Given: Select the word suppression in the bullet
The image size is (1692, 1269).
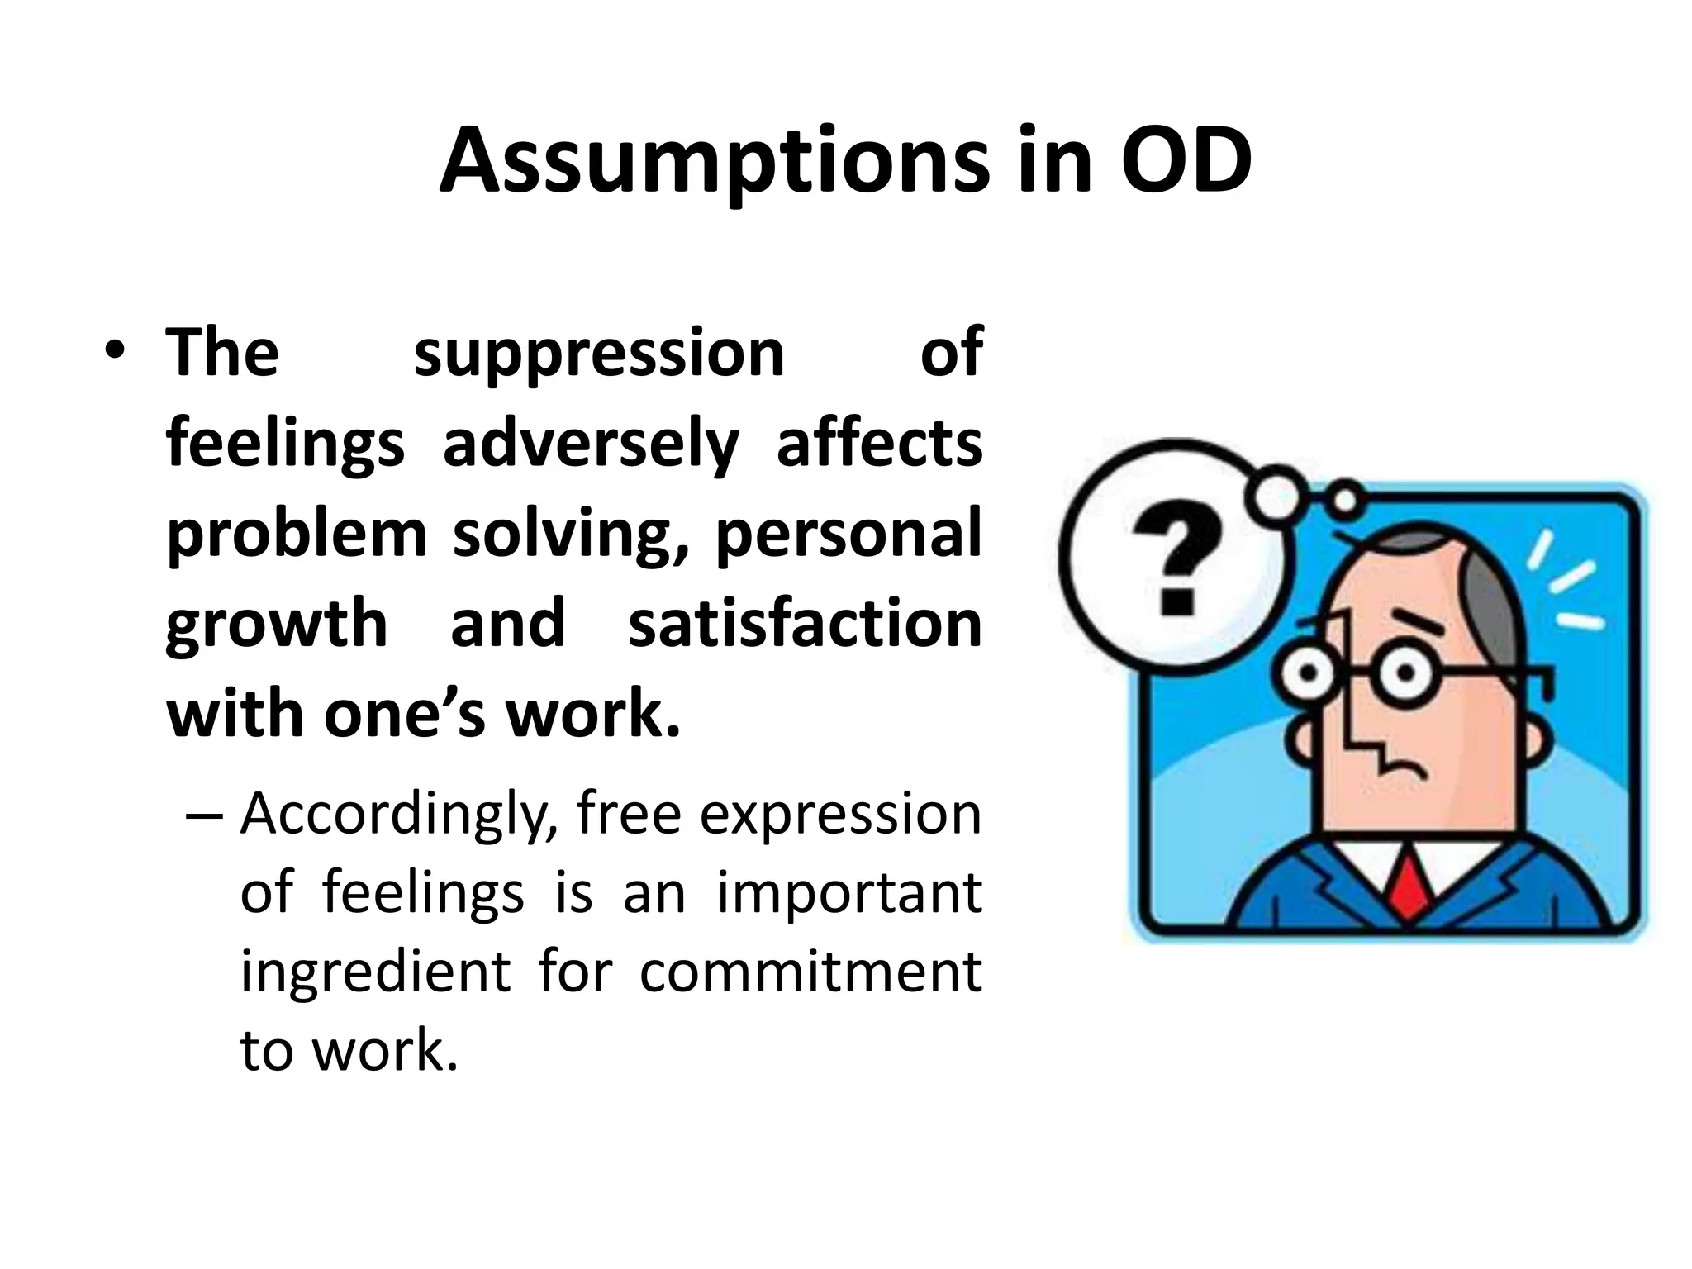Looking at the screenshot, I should pos(598,354).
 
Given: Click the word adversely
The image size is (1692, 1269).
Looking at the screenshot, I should pos(591,444).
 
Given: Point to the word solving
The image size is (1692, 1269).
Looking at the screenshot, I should pos(569,534).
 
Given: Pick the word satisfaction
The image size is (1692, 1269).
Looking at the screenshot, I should pos(805,624).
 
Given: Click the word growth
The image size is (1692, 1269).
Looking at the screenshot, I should pos(277,625).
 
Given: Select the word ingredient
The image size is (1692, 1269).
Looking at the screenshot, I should pos(375,972).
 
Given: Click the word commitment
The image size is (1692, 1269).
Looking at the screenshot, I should pos(810,972).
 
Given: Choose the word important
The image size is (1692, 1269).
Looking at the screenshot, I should pos(849,893).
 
